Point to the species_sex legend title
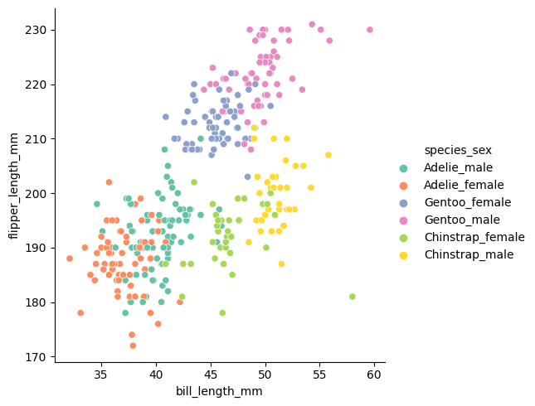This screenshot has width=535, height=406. pyautogui.click(x=458, y=150)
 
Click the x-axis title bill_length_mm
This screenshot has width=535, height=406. pyautogui.click(x=219, y=391)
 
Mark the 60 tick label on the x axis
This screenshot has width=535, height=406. pyautogui.click(x=374, y=374)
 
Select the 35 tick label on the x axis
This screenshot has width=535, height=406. pyautogui.click(x=101, y=374)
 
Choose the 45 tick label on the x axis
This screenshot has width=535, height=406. pyautogui.click(x=211, y=374)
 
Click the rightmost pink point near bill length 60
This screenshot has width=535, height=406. pyautogui.click(x=370, y=30)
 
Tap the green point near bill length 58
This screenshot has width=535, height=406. pyautogui.click(x=353, y=297)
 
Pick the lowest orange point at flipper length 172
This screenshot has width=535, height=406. pyautogui.click(x=133, y=346)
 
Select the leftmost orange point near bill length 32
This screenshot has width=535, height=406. pyautogui.click(x=70, y=259)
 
